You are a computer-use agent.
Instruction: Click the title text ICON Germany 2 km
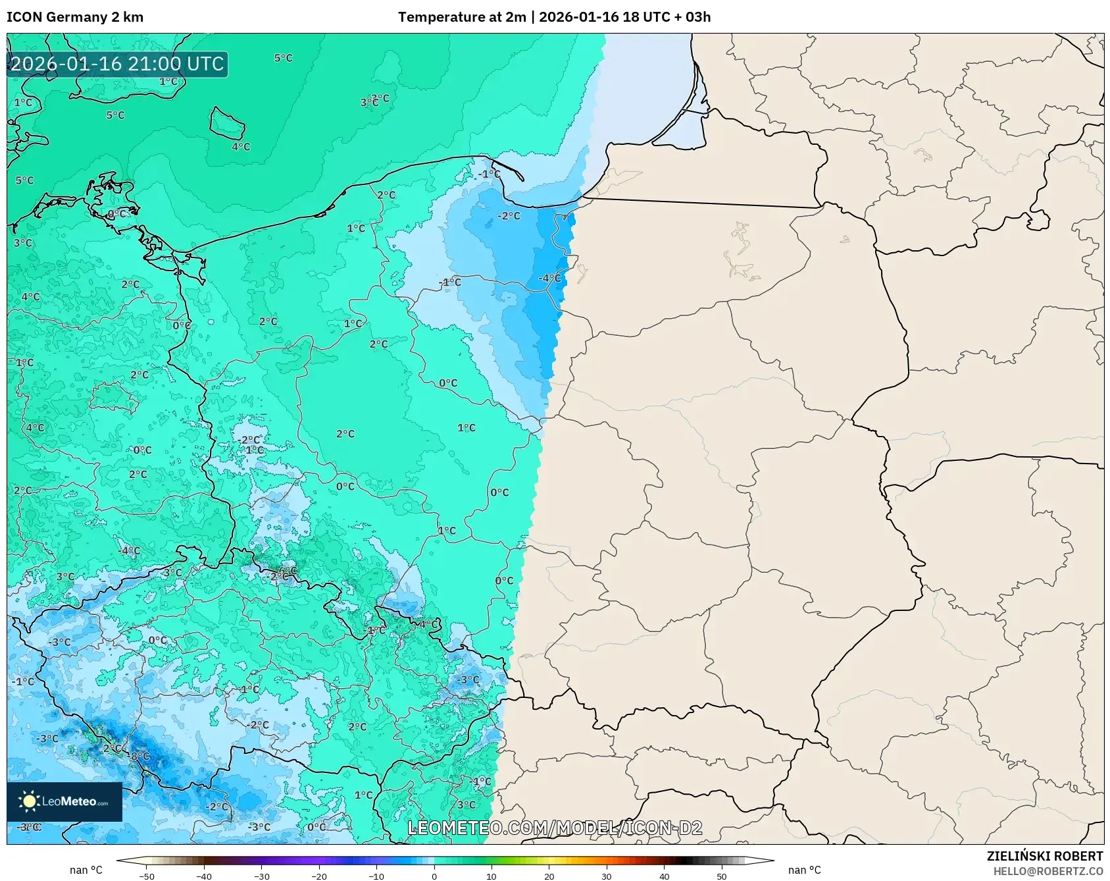(x=75, y=17)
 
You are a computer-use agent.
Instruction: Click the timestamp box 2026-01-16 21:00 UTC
(x=117, y=65)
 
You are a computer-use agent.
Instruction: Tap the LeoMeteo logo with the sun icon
(x=64, y=801)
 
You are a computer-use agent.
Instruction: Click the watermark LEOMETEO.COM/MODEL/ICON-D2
(x=555, y=828)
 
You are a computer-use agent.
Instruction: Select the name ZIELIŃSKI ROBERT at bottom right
(x=1044, y=856)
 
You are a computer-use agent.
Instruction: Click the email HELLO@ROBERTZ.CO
(x=1047, y=871)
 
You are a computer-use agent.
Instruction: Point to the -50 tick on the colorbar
(x=147, y=876)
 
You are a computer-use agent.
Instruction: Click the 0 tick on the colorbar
(x=434, y=876)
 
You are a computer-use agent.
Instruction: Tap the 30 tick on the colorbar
(x=607, y=876)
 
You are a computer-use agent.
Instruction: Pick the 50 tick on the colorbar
(x=722, y=876)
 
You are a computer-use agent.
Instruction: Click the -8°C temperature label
(x=139, y=756)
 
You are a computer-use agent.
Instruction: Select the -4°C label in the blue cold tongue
(x=550, y=279)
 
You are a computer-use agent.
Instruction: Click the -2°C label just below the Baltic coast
(x=509, y=216)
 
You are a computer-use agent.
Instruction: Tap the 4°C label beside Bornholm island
(x=241, y=147)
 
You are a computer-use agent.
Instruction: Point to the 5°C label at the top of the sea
(x=283, y=58)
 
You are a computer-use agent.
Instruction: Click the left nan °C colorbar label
(x=86, y=870)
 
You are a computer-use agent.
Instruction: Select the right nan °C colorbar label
(x=804, y=870)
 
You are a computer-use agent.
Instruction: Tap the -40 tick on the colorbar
(x=204, y=876)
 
